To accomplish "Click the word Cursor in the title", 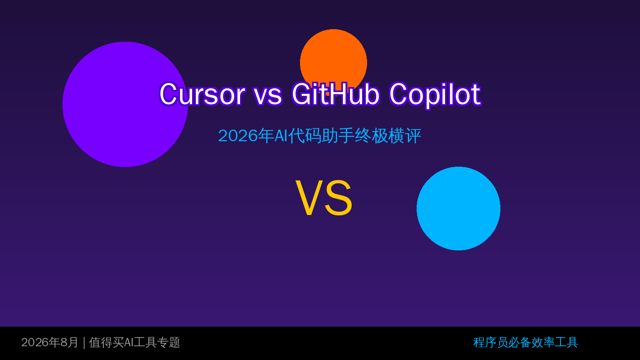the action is coord(202,94).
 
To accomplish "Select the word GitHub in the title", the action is coord(336,94).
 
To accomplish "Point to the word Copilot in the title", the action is coord(435,95).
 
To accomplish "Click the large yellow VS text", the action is coord(324,197).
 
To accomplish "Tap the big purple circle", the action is coord(125,104).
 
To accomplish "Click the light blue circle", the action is coord(459,209).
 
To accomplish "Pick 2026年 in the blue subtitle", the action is coord(246,136).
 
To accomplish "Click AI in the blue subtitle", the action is coord(281,136).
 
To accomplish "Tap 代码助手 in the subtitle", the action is coord(321,136).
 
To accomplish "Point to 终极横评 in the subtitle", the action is coord(388,136).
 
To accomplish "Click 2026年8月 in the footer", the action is coord(50,342).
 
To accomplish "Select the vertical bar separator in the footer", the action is coord(84,343).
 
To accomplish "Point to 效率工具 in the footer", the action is coord(555,342).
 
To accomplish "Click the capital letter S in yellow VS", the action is coord(339,197).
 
